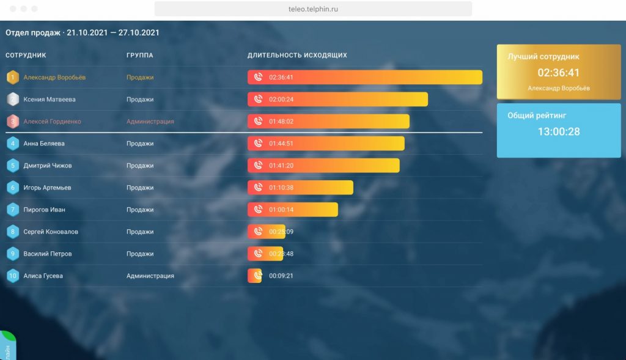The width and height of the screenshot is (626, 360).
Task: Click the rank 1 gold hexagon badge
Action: pos(12,78)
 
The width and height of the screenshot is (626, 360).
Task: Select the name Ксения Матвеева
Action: pos(50,100)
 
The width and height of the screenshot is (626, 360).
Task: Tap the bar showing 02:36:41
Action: pos(364,78)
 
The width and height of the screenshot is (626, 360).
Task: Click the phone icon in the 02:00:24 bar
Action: pos(258,100)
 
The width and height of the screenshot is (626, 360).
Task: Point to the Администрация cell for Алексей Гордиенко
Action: pos(150,122)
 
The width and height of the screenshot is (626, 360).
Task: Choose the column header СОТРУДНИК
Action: pos(26,56)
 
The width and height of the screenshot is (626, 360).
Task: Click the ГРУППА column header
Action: pos(139,56)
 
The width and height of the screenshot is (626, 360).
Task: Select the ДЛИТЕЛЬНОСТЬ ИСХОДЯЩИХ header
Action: pos(297,56)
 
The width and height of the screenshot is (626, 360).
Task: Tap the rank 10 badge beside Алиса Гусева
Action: pos(12,276)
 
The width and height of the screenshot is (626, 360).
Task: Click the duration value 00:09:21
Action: pos(281,276)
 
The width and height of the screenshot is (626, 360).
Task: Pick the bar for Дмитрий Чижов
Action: pos(323,166)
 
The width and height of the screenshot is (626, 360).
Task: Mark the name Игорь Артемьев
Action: pos(47,188)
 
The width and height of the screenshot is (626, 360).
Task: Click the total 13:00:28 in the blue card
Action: pos(559,131)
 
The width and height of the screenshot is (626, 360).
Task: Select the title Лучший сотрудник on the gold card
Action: pos(543,57)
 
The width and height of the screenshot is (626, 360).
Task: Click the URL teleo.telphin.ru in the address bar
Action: pos(313,9)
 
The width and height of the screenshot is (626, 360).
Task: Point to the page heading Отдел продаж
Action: pos(33,32)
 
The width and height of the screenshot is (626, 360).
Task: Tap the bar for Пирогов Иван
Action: pos(292,210)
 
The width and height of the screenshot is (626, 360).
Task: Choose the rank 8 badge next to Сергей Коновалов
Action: pos(12,232)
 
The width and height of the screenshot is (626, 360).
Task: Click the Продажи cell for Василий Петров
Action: pos(140,254)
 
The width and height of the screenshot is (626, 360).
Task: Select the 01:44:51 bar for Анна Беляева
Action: pos(326,144)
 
